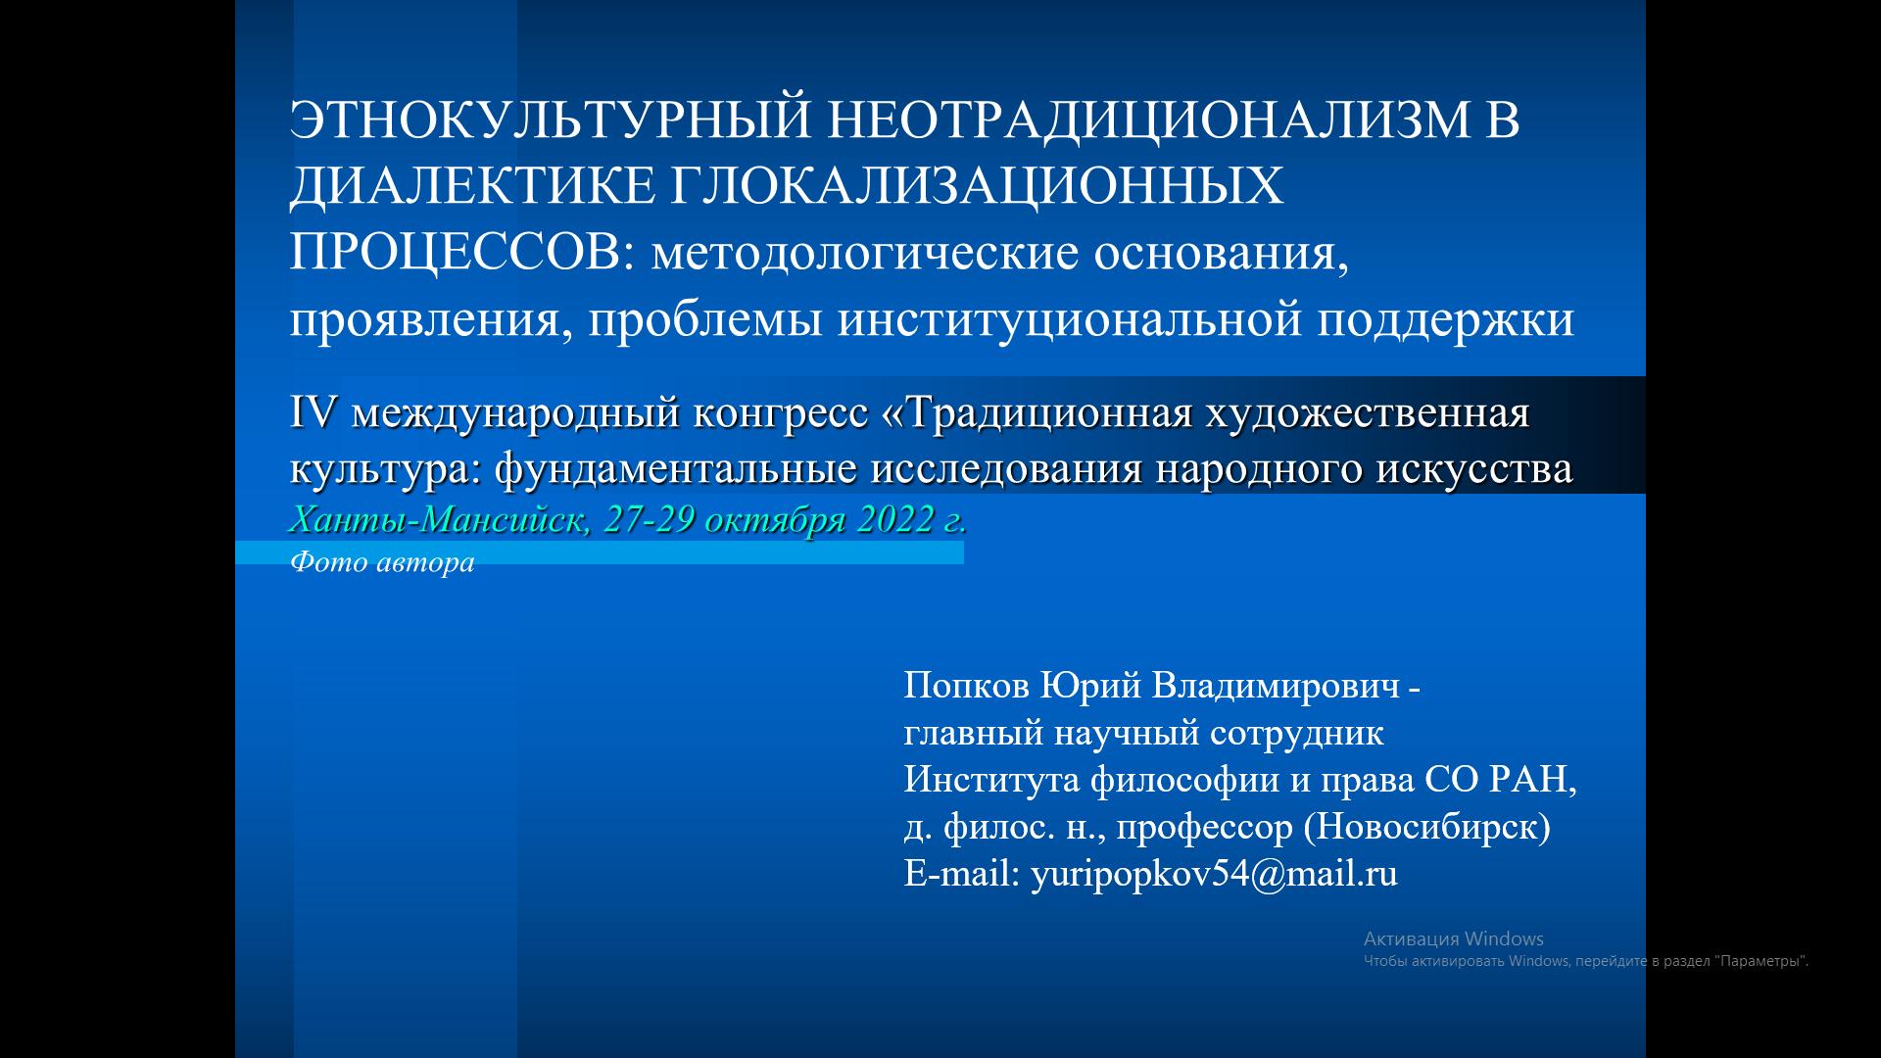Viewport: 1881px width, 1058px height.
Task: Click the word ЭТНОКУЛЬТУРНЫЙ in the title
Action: [551, 120]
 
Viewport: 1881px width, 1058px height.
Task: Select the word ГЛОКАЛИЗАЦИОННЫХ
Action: [976, 186]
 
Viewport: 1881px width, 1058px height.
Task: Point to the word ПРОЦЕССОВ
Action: [455, 253]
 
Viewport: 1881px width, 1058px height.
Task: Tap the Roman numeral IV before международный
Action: [313, 413]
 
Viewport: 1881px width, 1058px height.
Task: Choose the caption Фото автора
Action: [382, 562]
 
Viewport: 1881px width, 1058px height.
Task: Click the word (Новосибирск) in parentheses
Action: [1427, 828]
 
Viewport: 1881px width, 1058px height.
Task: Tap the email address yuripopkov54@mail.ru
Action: [1214, 874]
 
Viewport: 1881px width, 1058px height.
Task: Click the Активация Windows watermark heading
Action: [1454, 938]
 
